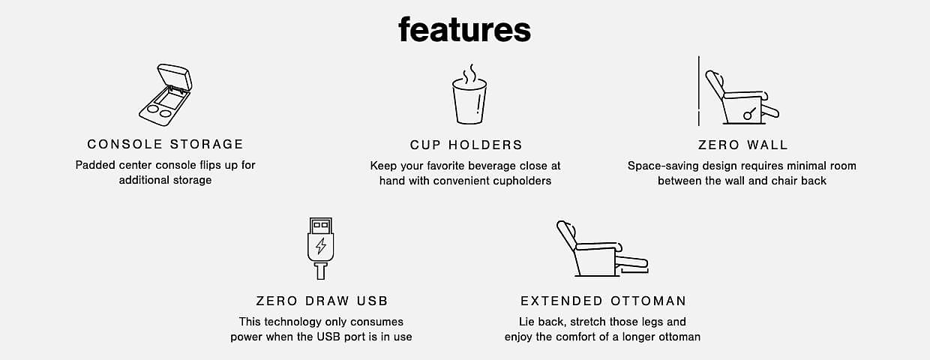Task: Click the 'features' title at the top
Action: coord(464,29)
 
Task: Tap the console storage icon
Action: coord(165,94)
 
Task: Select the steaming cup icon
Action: coord(469,94)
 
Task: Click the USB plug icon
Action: coord(320,248)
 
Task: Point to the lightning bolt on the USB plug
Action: coord(320,246)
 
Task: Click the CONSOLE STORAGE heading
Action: coord(165,144)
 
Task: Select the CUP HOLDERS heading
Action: coord(466,145)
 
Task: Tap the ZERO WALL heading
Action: coord(742,145)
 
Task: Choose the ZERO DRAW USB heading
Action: coord(322,301)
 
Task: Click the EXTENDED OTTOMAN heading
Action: coord(603,301)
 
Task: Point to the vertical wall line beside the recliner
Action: coord(699,91)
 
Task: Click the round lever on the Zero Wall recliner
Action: coord(747,115)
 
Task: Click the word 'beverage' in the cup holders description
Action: coord(493,166)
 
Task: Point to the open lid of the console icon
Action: coord(175,76)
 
